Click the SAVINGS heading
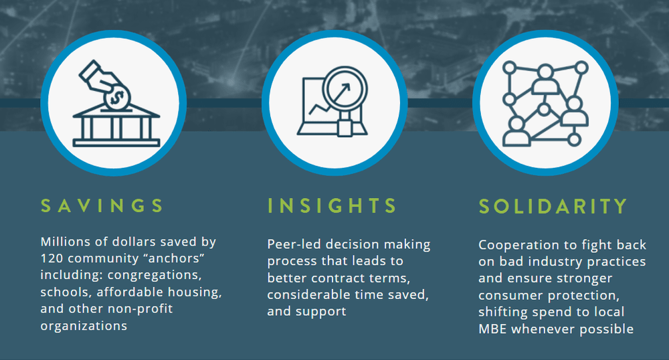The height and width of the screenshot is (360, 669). (x=102, y=205)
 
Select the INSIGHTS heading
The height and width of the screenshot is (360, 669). (x=332, y=205)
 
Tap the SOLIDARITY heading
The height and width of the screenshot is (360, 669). (x=553, y=205)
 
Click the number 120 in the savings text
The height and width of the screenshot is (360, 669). (x=52, y=258)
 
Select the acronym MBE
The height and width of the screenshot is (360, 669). (x=494, y=329)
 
